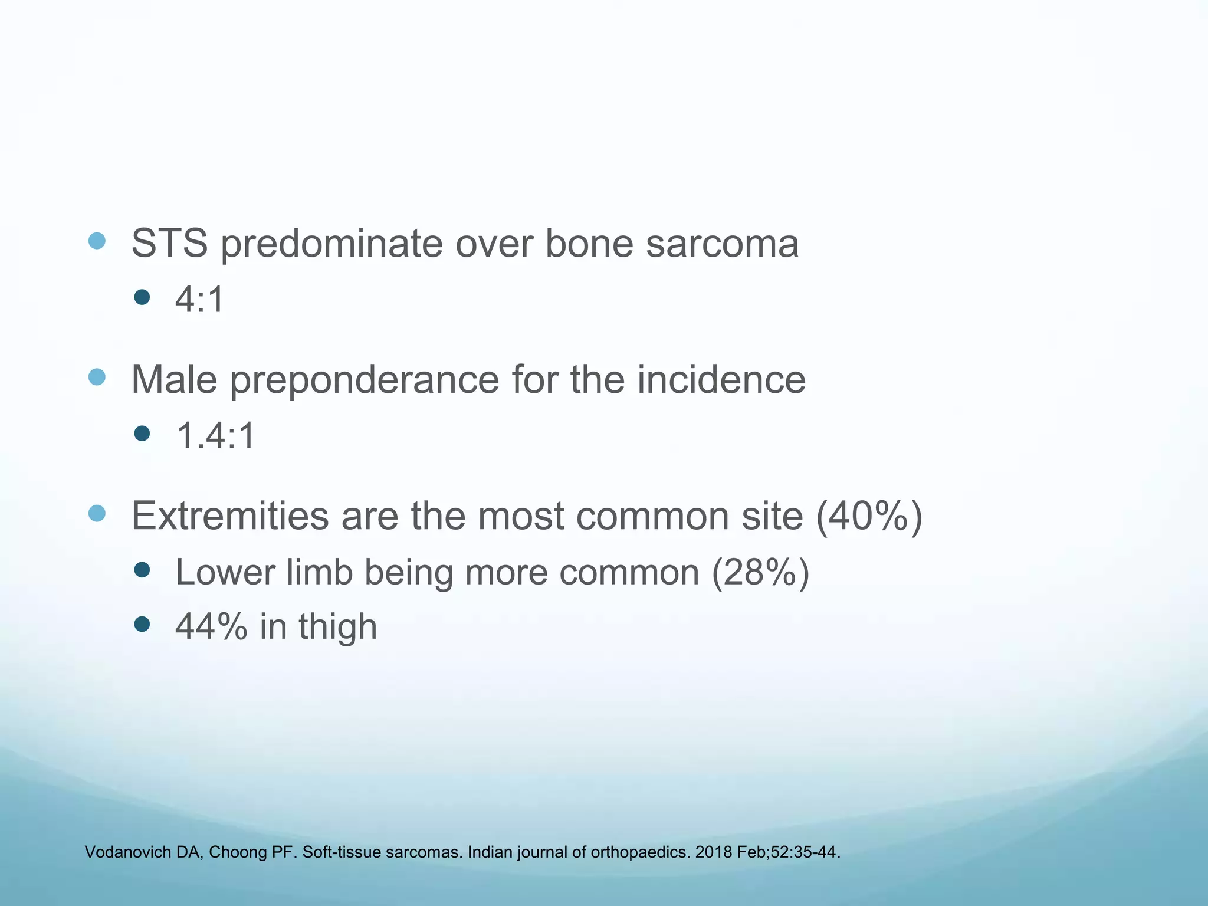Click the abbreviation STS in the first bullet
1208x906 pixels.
169,243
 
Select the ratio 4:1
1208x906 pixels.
200,299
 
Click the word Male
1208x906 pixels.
173,379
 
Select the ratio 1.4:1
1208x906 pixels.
215,436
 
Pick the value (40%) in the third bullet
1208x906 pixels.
869,516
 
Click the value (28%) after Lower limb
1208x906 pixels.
760,572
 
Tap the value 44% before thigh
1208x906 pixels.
211,626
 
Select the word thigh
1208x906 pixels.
337,627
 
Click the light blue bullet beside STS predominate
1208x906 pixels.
97,241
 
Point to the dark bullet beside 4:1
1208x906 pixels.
142,297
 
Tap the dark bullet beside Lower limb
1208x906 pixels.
142,570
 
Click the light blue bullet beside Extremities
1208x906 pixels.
97,513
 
